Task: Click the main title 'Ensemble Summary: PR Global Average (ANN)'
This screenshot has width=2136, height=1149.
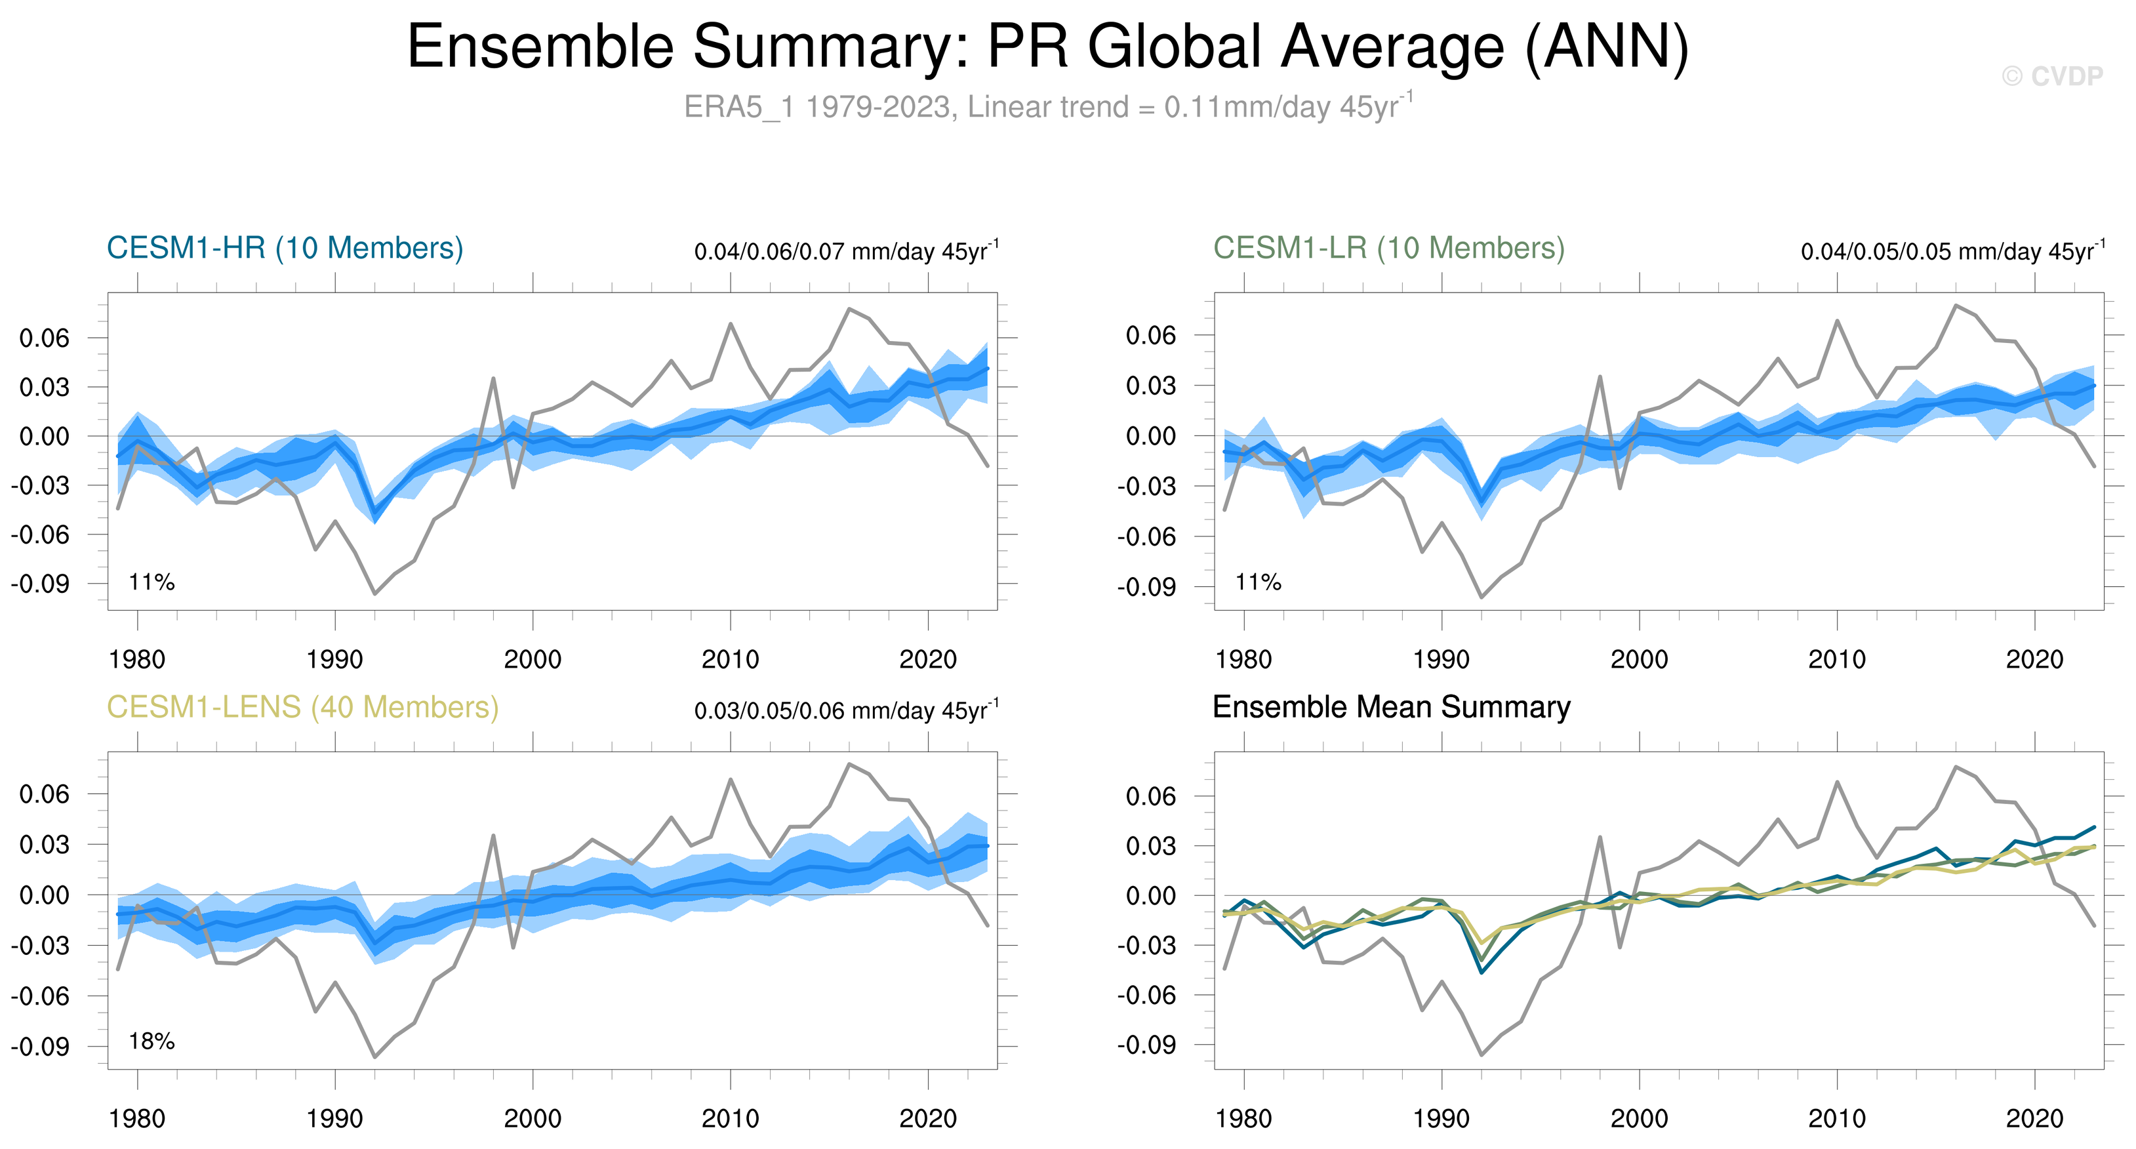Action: click(x=1047, y=47)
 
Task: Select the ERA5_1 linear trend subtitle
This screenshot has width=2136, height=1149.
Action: click(x=1047, y=107)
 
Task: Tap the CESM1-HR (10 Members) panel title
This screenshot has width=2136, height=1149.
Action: click(x=285, y=248)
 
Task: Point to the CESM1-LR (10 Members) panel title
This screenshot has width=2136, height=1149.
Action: click(x=1389, y=248)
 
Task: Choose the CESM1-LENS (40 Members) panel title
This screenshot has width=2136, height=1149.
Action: click(x=302, y=707)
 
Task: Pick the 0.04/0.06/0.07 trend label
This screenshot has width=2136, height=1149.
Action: click(x=846, y=251)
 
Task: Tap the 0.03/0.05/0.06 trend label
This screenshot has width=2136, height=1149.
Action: click(x=846, y=710)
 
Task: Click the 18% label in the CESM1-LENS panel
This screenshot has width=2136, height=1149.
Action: click(x=151, y=1041)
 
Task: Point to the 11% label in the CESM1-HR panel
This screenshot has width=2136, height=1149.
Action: click(x=151, y=582)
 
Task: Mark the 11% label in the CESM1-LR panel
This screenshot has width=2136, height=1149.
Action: click(x=1258, y=582)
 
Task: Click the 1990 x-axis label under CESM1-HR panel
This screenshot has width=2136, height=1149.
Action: click(x=335, y=660)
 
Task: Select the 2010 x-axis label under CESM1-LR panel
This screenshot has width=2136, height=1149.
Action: click(x=1837, y=660)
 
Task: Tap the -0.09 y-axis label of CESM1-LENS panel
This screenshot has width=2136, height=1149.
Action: click(x=40, y=1046)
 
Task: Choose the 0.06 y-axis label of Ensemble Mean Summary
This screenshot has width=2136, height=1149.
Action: click(x=1150, y=797)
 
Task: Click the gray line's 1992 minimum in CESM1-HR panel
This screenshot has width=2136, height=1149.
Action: click(x=374, y=594)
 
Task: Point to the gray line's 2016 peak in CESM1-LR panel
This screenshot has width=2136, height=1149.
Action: click(x=1955, y=305)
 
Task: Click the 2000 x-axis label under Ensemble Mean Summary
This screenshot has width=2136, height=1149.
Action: click(x=1640, y=1119)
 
